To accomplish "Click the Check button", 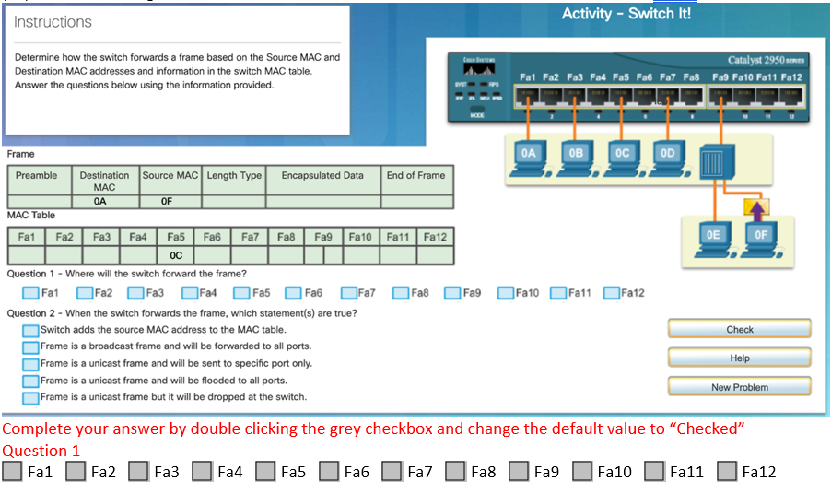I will coord(739,329).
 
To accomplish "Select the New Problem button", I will coord(739,387).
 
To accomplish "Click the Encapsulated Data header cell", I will coord(322,175).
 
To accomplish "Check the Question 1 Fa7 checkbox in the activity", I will coord(349,293).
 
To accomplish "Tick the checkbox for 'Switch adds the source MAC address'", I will coord(31,330).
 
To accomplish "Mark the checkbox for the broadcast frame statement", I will coord(31,346).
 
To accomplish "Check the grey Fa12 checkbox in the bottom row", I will coord(727,472).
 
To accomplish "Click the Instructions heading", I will coord(53,22).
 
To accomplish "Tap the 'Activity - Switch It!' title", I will coord(626,14).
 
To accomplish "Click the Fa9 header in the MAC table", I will coord(322,237).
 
